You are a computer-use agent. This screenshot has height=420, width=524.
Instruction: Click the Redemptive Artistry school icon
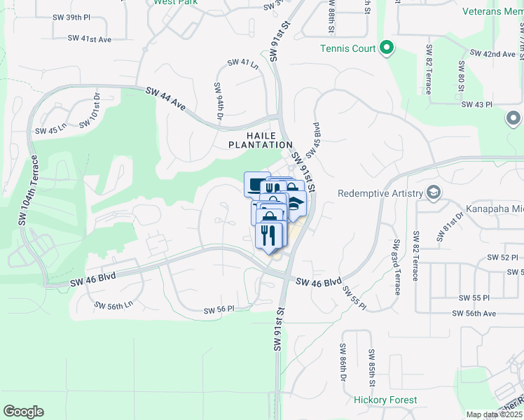click(x=434, y=192)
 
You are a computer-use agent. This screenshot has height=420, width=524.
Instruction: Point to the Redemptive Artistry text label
click(x=380, y=193)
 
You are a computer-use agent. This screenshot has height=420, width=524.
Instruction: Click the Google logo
click(x=23, y=412)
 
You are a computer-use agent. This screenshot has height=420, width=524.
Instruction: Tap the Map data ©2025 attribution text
click(x=494, y=414)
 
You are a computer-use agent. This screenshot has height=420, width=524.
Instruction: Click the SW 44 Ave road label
click(x=166, y=99)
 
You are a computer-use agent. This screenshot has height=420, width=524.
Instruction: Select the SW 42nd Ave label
click(x=493, y=53)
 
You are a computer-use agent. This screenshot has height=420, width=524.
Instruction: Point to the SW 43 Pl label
click(x=478, y=104)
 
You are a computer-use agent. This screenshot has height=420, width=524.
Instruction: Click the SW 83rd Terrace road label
click(x=397, y=267)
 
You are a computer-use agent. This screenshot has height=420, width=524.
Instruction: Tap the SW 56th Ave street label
click(x=477, y=314)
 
